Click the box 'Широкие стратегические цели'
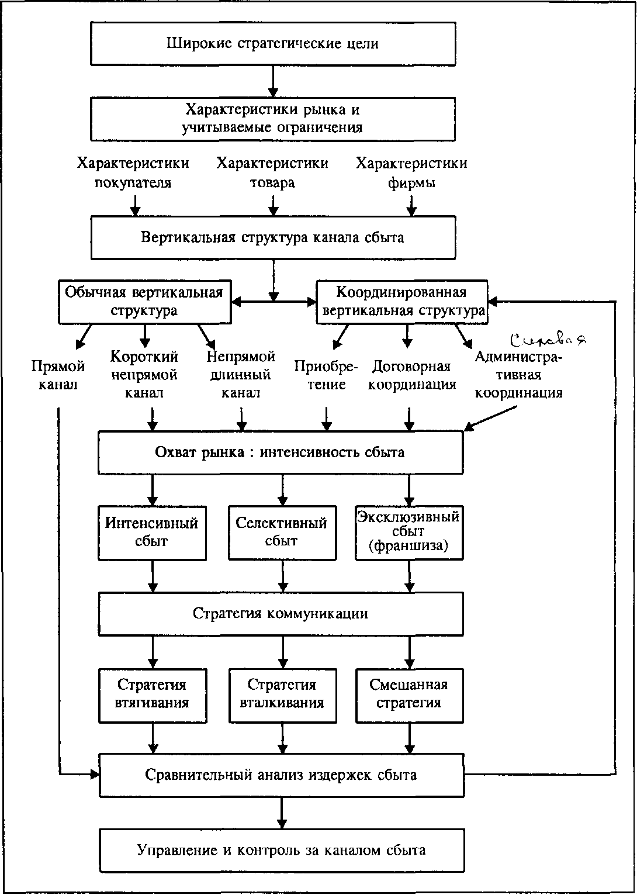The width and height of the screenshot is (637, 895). click(x=273, y=44)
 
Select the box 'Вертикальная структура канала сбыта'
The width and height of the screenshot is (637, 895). click(x=273, y=237)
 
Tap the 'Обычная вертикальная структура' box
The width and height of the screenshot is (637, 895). click(x=144, y=302)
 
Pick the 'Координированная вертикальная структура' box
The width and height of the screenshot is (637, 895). click(x=402, y=302)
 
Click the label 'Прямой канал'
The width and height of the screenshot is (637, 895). click(x=58, y=375)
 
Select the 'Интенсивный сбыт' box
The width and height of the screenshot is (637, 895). click(x=152, y=532)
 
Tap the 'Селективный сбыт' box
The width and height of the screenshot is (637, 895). click(x=282, y=532)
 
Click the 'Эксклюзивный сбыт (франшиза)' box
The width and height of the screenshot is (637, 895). click(x=408, y=533)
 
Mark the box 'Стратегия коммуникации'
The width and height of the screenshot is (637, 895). click(x=281, y=614)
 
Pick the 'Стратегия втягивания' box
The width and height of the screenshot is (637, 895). click(x=153, y=694)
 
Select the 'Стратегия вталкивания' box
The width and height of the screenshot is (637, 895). click(x=282, y=694)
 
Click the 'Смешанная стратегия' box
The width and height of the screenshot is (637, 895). click(x=409, y=694)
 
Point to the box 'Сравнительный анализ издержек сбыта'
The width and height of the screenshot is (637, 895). click(x=281, y=775)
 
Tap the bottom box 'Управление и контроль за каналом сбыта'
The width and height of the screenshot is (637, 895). click(x=281, y=850)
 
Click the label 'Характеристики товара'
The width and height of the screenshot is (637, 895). click(x=272, y=173)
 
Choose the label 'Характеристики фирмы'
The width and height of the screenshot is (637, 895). click(x=411, y=173)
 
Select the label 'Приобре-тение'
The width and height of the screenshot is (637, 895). click(x=326, y=375)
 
